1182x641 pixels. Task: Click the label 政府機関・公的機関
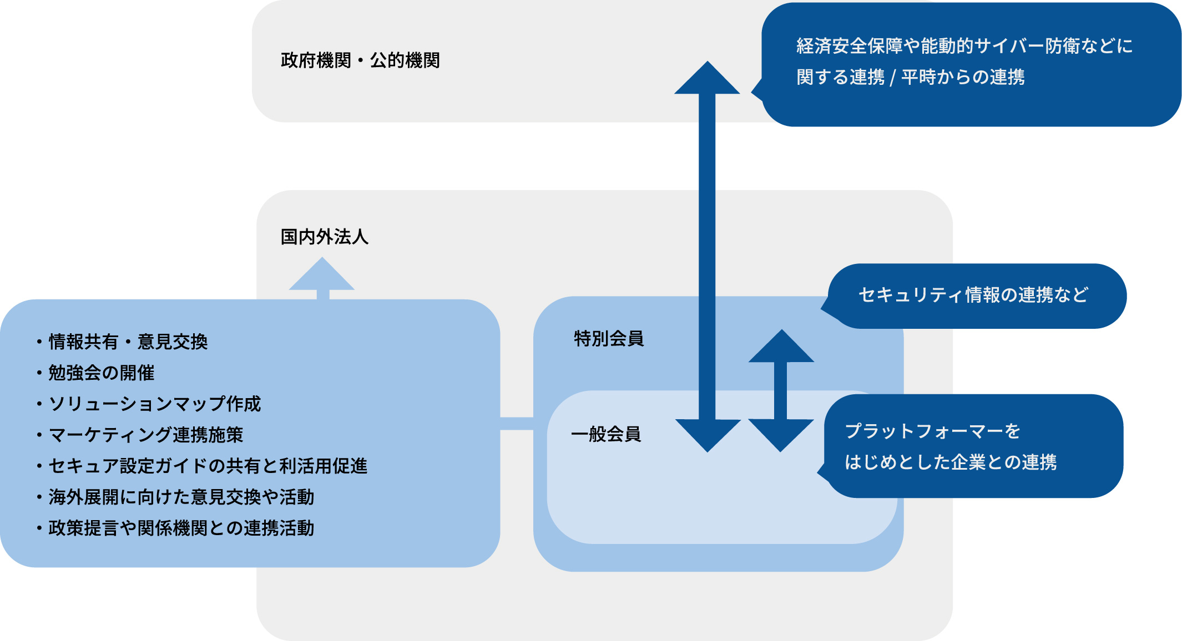(x=360, y=60)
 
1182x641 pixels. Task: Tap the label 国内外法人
(x=325, y=237)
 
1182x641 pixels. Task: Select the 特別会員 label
(x=609, y=338)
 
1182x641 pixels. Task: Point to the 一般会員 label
(x=606, y=434)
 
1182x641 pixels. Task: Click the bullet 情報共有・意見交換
(x=128, y=342)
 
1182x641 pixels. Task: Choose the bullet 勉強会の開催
(x=102, y=373)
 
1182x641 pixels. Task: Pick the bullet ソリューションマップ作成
(x=154, y=404)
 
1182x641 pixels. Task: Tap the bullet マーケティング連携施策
(x=146, y=435)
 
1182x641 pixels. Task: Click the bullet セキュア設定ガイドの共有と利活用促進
(x=208, y=466)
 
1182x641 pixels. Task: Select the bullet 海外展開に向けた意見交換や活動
(x=181, y=497)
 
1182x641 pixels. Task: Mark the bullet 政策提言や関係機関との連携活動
(x=181, y=528)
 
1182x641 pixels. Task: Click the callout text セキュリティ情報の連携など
(x=973, y=295)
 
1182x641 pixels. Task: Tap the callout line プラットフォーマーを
(x=932, y=431)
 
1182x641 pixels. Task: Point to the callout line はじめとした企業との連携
(x=951, y=462)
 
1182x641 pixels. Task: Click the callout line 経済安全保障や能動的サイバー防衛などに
(x=964, y=46)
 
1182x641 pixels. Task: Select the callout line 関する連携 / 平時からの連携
(x=910, y=77)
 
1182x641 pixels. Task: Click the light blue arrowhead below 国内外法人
(x=322, y=276)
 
